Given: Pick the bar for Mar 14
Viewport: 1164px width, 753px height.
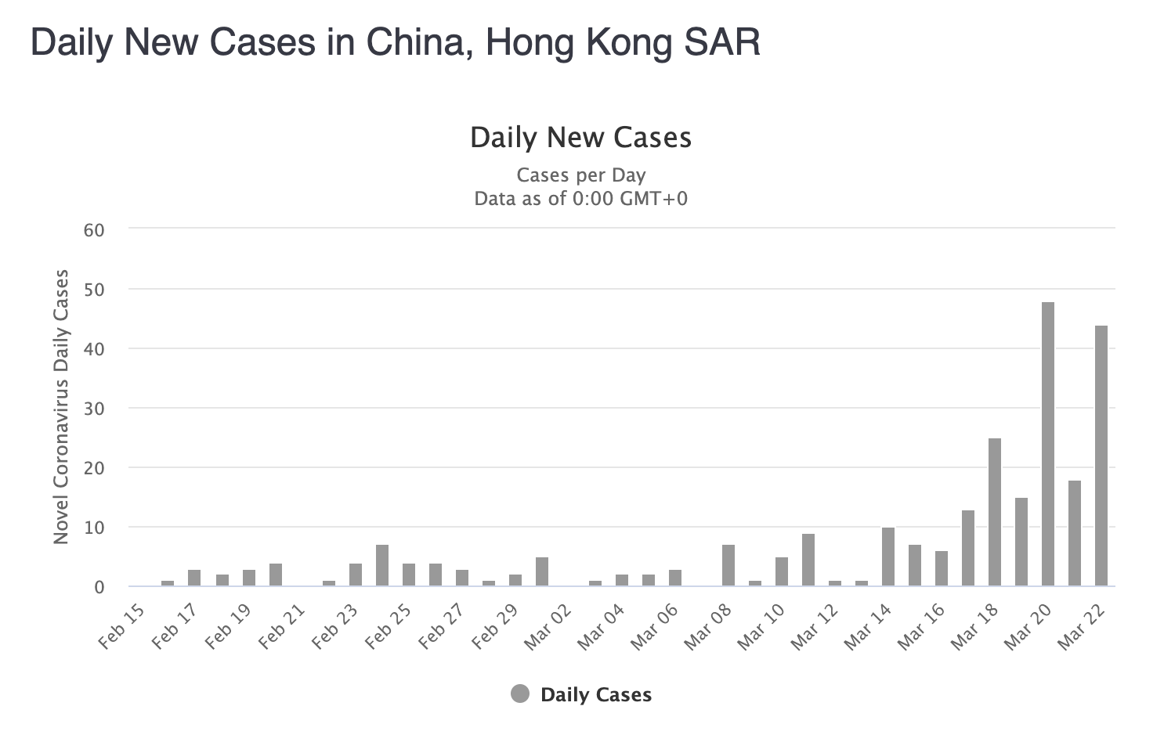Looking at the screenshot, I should tap(887, 557).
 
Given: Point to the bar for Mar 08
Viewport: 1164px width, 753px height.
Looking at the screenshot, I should tap(728, 565).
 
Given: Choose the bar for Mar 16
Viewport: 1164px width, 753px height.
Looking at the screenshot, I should tap(941, 568).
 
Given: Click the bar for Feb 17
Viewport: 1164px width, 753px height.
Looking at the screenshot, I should tap(194, 578).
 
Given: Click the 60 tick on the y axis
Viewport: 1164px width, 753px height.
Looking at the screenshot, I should tap(94, 230).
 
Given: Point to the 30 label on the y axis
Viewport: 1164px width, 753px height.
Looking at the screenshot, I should tap(94, 409).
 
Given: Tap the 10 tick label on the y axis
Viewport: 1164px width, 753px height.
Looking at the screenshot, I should tap(94, 528).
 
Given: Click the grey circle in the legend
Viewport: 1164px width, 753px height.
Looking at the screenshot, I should tap(520, 694).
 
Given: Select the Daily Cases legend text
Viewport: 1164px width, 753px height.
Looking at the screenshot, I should tap(596, 695).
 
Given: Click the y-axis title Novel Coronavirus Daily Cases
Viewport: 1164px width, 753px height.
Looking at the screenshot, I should tap(61, 407).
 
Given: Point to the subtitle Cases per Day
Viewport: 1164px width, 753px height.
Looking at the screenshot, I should tap(580, 175).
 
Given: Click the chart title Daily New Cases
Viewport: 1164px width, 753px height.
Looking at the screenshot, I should tap(580, 138).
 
